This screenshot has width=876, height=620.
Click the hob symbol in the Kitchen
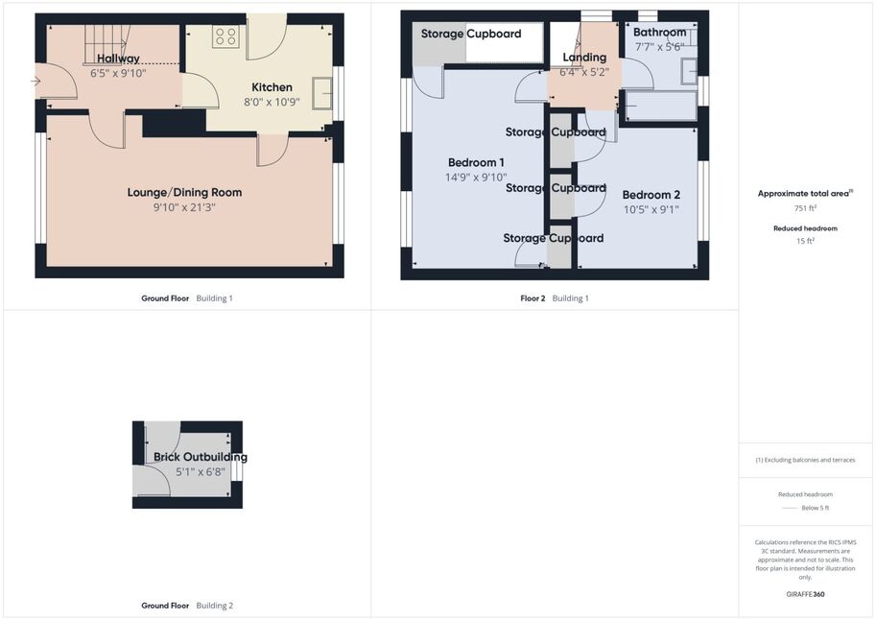(x=225, y=36)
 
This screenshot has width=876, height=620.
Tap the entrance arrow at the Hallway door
(x=36, y=82)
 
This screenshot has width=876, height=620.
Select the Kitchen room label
(x=272, y=87)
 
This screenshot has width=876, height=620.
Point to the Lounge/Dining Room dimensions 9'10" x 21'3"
(x=184, y=207)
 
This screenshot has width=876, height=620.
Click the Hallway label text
(x=118, y=59)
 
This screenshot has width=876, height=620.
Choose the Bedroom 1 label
(x=476, y=163)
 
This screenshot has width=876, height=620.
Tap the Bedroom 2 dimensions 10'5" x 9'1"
(x=651, y=209)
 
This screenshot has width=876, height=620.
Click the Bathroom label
(x=659, y=33)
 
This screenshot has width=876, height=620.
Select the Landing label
(x=584, y=58)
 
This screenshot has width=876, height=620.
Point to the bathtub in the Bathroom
(x=661, y=107)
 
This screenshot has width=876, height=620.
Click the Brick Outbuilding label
(x=201, y=457)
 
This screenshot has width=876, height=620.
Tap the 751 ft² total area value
(x=805, y=208)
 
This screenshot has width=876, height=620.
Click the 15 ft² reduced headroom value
(x=805, y=241)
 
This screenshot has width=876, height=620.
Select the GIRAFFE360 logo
(x=805, y=594)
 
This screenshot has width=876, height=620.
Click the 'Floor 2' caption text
(x=533, y=298)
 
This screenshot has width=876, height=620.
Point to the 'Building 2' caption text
(x=215, y=606)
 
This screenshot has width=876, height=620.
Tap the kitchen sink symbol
(x=322, y=93)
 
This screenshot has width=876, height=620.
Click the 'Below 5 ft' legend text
(x=816, y=508)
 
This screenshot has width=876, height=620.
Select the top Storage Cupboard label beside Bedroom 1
(x=556, y=132)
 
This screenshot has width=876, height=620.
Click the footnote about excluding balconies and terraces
(x=805, y=460)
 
